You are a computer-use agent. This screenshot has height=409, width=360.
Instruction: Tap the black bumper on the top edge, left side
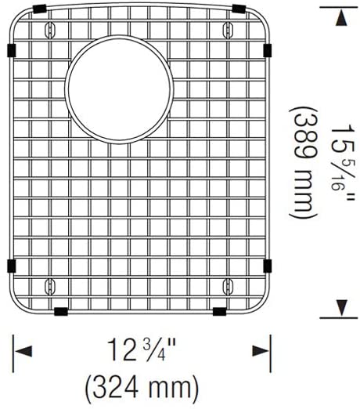coord(38,8)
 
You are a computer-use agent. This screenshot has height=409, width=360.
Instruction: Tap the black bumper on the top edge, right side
coord(240,9)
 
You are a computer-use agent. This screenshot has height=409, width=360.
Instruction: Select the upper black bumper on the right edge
coord(268,51)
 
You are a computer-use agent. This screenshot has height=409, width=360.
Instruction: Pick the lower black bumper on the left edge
coord(10,266)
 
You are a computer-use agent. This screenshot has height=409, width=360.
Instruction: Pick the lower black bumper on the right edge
coord(268,266)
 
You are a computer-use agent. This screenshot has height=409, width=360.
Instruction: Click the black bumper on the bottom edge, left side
coord(60,311)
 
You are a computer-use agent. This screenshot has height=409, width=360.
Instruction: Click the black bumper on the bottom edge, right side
coord(220,311)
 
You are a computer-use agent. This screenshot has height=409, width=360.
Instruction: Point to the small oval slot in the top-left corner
coord(51,29)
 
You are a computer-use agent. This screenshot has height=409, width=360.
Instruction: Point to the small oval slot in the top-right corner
coord(228,29)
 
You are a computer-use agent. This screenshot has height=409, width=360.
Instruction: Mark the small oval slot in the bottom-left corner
coord(51,283)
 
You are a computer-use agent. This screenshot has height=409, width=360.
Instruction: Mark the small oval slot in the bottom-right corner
coord(228,283)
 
